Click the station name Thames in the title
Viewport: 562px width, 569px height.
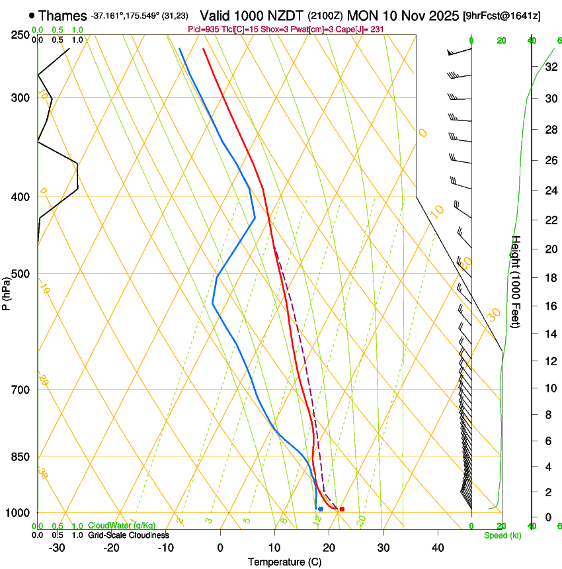tap(63, 15)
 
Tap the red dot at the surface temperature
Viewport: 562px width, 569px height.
tap(342, 509)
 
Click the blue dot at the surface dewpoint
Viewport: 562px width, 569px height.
tap(321, 509)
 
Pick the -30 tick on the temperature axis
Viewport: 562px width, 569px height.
tap(57, 548)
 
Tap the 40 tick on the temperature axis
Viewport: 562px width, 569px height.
tap(438, 548)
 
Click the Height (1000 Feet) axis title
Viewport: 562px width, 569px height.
tap(517, 281)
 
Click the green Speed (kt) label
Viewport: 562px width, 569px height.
tap(502, 535)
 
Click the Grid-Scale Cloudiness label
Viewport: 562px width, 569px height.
tap(128, 535)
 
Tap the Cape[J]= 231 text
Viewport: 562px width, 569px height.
tap(362, 30)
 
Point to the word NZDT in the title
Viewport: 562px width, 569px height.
tap(288, 15)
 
